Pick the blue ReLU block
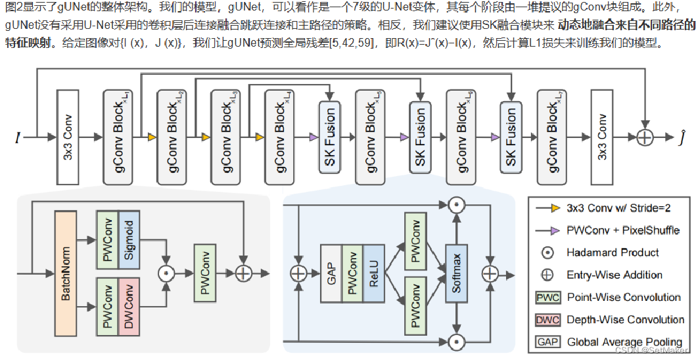pyautogui.click(x=374, y=273)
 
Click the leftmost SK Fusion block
pyautogui.click(x=329, y=137)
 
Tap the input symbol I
pyautogui.click(x=18, y=137)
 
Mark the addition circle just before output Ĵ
pyautogui.click(x=646, y=137)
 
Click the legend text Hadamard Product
pyautogui.click(x=613, y=252)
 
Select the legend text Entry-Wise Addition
pyautogui.click(x=615, y=275)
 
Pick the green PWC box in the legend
pyautogui.click(x=548, y=298)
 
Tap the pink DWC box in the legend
pyautogui.click(x=548, y=320)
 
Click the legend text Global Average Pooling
pyautogui.click(x=624, y=342)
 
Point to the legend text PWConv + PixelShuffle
pyautogui.click(x=623, y=230)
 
